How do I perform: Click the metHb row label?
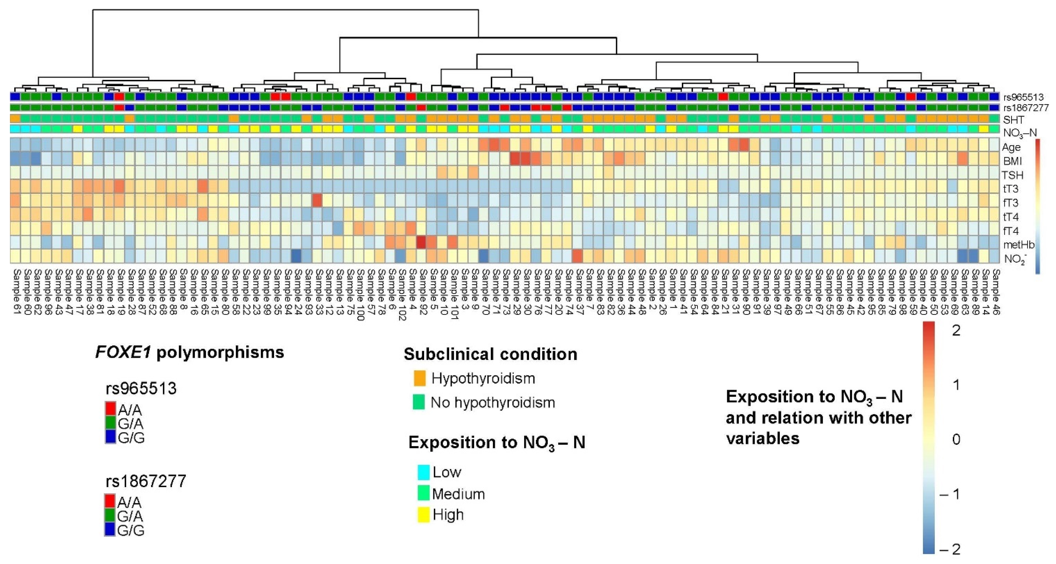pyautogui.click(x=1019, y=245)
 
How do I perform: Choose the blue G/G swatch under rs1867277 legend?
pyautogui.click(x=110, y=530)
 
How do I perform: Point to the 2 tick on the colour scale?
pyautogui.click(x=956, y=330)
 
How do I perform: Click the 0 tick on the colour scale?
pyautogui.click(x=956, y=439)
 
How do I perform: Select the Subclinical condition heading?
pyautogui.click(x=490, y=354)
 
